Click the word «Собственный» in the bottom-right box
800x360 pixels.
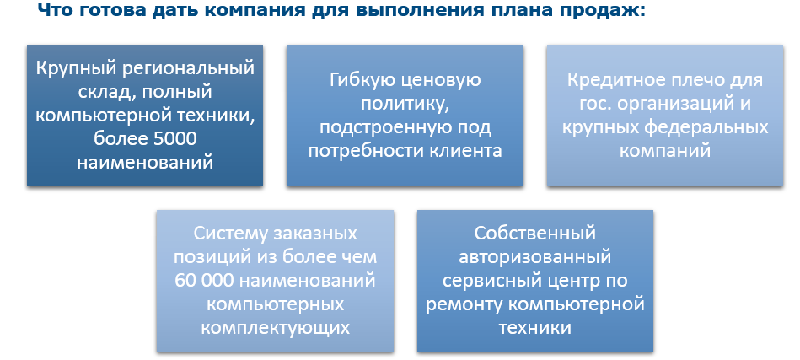[x=535, y=234]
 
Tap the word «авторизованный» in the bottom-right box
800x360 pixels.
[x=535, y=256]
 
